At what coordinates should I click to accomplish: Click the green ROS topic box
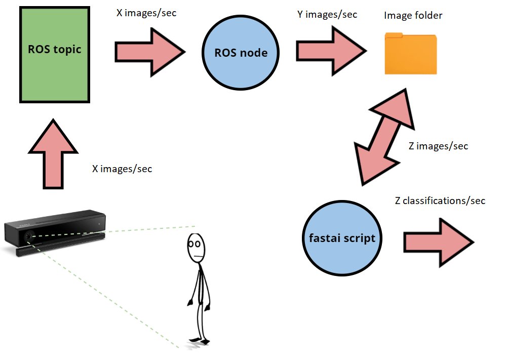tap(55, 55)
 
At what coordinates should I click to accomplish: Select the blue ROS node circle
tap(241, 53)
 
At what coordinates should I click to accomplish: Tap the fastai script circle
tap(342, 238)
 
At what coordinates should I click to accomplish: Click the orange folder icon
tap(410, 54)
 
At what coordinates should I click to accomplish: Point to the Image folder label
tap(413, 16)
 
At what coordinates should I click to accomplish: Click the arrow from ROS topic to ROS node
tap(150, 52)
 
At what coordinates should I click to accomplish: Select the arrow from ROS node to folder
tap(331, 51)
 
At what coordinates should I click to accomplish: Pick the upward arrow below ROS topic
tap(53, 154)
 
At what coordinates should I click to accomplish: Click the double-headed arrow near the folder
tap(384, 137)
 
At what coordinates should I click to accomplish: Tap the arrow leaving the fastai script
tap(439, 243)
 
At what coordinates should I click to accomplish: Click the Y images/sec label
tap(327, 15)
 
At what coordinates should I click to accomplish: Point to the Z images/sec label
tap(438, 146)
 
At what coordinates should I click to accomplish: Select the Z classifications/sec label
tap(440, 201)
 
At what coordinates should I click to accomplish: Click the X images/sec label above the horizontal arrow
tap(146, 13)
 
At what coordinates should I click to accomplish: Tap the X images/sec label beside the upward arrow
tap(122, 169)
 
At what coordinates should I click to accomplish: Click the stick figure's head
tap(196, 248)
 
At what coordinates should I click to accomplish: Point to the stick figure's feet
tap(200, 341)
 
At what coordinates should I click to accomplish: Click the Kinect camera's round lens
tap(29, 236)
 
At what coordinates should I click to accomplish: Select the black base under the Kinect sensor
tap(60, 247)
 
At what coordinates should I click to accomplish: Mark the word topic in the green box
tap(67, 49)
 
